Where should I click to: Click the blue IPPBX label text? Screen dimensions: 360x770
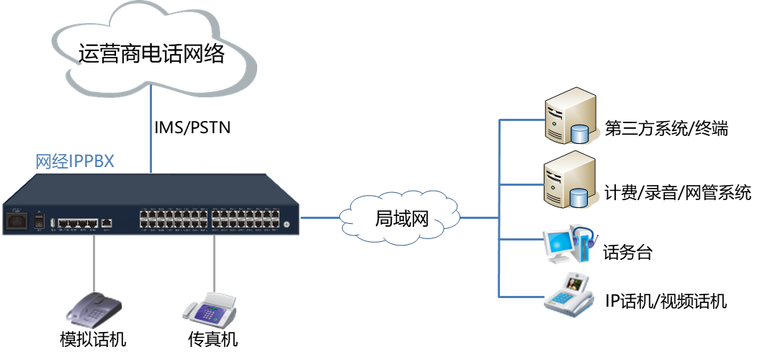75,161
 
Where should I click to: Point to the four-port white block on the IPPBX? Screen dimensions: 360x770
76,222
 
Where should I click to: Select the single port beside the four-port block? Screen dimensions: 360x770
107,222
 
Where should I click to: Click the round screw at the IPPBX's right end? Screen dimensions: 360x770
287,225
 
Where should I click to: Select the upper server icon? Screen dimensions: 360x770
568,114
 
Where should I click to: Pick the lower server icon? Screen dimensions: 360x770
568,179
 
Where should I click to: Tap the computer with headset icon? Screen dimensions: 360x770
570,242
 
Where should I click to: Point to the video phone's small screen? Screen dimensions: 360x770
575,284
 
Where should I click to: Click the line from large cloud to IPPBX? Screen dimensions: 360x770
151,130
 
